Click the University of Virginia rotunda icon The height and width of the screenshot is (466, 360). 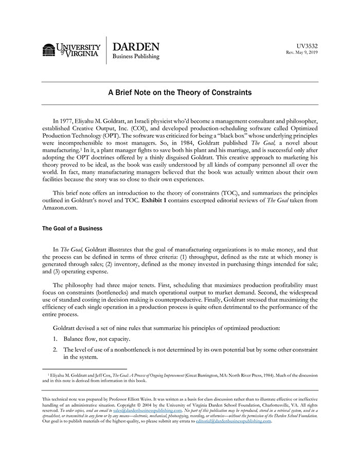[x=49, y=50]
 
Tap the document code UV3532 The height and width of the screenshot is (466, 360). [x=308, y=46]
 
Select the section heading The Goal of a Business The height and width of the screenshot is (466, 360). [x=72, y=228]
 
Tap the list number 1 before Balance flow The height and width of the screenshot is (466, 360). [x=55, y=339]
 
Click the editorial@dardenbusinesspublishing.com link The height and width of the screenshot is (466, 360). [x=233, y=421]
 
